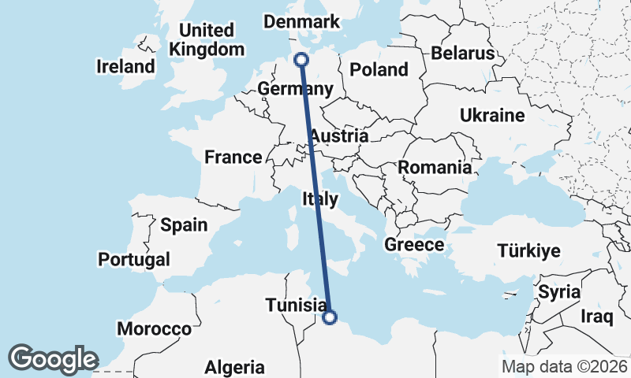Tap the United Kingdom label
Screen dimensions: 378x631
(x=207, y=39)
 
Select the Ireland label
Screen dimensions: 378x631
(x=125, y=66)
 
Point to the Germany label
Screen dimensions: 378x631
(x=296, y=88)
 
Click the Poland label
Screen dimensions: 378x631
(x=379, y=69)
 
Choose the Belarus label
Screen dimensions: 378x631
(x=462, y=54)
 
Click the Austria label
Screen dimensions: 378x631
(x=338, y=136)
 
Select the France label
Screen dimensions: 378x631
(x=233, y=157)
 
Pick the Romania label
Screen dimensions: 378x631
(x=435, y=167)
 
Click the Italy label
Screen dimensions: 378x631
(x=319, y=200)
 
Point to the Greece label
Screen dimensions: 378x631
(x=414, y=245)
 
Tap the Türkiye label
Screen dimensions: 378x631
(x=528, y=251)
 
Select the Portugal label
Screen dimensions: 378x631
(x=134, y=259)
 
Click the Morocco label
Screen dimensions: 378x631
(x=154, y=328)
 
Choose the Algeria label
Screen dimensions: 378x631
(x=234, y=367)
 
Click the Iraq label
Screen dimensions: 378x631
(x=597, y=317)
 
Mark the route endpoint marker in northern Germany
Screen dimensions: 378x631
(x=301, y=60)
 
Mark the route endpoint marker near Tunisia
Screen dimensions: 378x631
(x=330, y=317)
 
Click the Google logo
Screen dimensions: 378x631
(x=54, y=358)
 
